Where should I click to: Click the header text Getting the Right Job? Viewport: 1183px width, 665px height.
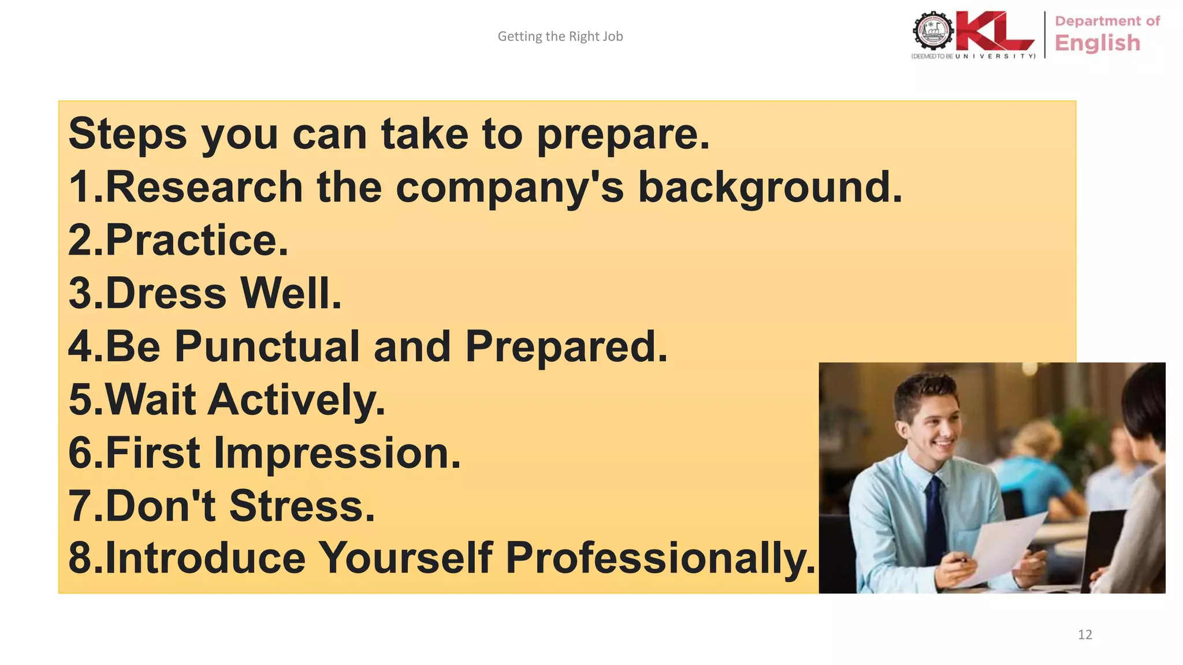(560, 36)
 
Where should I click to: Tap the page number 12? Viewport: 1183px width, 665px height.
(1085, 635)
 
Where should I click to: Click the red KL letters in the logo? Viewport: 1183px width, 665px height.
(994, 32)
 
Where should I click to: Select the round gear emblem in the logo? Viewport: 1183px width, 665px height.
(932, 31)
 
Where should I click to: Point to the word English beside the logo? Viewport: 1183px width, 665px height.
(1097, 43)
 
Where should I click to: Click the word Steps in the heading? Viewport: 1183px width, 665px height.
(128, 135)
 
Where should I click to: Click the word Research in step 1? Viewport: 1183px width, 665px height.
(204, 188)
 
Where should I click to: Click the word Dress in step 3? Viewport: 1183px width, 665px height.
(166, 293)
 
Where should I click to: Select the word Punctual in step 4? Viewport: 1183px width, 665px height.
(267, 347)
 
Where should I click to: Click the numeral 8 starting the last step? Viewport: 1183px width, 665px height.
(79, 559)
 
